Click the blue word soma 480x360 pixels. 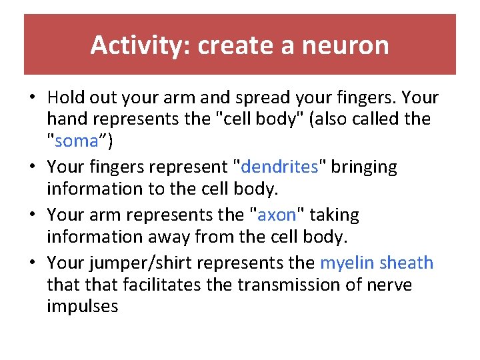(77, 142)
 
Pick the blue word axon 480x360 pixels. (276, 215)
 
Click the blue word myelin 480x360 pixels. (347, 263)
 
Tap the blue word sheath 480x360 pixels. (406, 263)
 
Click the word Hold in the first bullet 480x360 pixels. (65, 98)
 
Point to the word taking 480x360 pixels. (333, 215)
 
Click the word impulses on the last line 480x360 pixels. (83, 307)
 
